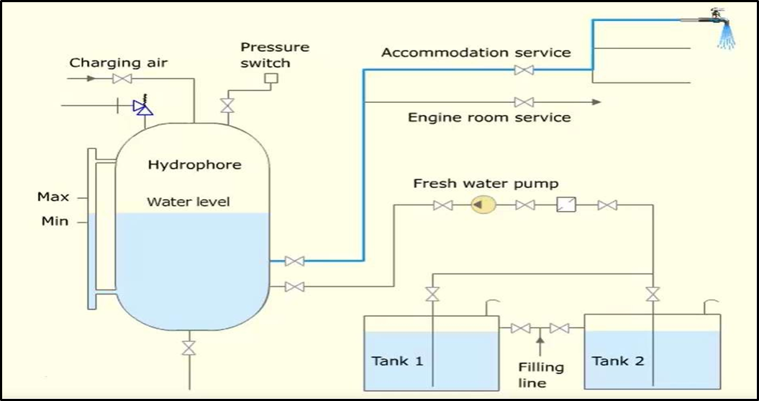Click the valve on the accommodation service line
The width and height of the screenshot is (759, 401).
524,70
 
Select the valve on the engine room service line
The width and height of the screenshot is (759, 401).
524,102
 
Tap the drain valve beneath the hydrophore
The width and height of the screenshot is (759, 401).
188,347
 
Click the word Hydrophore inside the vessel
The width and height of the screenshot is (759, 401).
194,165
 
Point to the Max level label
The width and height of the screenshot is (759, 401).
53,197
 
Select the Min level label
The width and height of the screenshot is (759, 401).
55,221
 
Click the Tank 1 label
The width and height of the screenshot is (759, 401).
397,361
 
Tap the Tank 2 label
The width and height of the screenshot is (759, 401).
618,361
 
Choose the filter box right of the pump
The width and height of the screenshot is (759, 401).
566,206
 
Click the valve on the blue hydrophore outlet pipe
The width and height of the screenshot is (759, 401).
294,261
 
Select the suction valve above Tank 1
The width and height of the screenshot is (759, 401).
432,294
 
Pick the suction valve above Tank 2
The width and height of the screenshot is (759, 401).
653,294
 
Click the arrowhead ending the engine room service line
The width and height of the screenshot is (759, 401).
596,102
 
